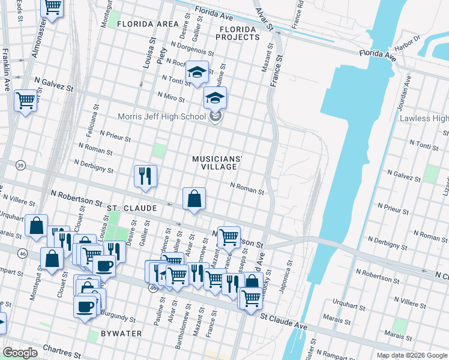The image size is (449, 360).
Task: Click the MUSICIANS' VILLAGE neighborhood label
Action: (x=217, y=163)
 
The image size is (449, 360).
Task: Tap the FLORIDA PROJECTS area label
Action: (x=239, y=32)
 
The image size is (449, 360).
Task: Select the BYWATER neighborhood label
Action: (x=121, y=333)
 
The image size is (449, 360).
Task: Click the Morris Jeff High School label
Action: (x=154, y=116)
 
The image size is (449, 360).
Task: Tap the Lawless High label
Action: (x=424, y=118)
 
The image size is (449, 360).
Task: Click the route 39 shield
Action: (x=21, y=165)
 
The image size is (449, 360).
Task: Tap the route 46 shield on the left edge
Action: (x=21, y=254)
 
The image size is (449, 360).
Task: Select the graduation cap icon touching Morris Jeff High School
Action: (x=215, y=97)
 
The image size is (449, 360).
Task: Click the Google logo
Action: (x=20, y=352)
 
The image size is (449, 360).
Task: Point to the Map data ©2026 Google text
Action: (x=411, y=355)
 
